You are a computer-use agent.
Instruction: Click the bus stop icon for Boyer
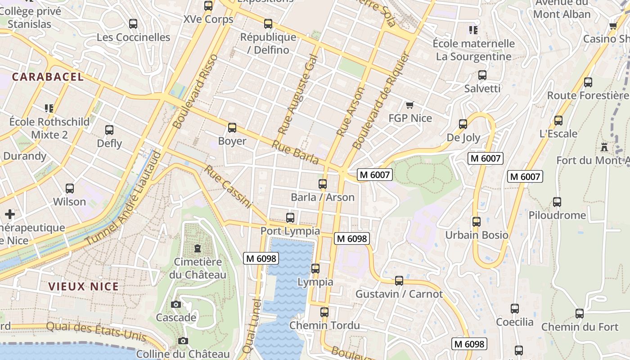point(232,128)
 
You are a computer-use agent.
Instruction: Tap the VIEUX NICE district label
point(84,287)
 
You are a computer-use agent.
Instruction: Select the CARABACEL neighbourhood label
point(48,77)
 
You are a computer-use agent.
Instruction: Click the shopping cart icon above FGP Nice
point(409,105)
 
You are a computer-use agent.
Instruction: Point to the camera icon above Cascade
point(176,305)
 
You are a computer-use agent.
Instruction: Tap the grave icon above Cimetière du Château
point(197,248)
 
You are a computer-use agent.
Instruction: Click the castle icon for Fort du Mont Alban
point(604,147)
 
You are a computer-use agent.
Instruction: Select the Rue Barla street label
point(295,153)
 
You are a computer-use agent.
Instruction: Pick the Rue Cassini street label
point(228,187)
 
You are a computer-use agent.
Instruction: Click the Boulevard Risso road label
point(195,91)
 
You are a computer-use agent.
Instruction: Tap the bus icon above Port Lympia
point(290,218)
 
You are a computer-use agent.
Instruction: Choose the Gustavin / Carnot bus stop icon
point(399,281)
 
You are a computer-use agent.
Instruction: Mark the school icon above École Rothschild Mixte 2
point(49,108)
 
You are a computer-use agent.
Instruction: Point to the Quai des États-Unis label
point(96,332)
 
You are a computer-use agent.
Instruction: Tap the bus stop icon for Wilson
point(69,189)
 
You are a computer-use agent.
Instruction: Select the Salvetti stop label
point(482,88)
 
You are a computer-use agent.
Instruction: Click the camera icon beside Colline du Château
point(183,341)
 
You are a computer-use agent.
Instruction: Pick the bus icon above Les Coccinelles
point(133,24)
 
